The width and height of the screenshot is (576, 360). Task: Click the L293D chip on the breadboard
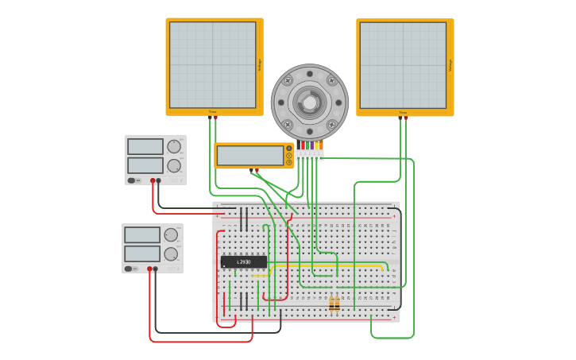pos(243,261)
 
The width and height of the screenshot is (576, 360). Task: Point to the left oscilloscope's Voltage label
pos(259,65)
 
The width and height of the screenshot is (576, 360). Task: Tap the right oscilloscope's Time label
pos(403,112)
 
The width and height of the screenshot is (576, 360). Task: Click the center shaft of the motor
pos(309,103)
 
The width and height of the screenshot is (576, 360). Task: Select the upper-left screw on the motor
pos(288,80)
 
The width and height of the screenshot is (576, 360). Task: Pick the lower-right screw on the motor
pos(331,125)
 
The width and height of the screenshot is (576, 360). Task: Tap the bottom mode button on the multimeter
pos(289,163)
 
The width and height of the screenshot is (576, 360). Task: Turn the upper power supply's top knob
pos(173,146)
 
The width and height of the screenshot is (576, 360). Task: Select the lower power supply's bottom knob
pos(171,254)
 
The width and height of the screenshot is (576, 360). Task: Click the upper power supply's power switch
pos(131,180)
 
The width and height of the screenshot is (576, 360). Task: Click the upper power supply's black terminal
pos(159,180)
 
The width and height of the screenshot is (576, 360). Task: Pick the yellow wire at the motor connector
pos(317,145)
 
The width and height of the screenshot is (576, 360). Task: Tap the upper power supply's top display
pos(145,146)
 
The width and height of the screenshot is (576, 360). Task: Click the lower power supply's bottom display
pos(142,254)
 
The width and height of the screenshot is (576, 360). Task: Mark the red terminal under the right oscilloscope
pos(401,118)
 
